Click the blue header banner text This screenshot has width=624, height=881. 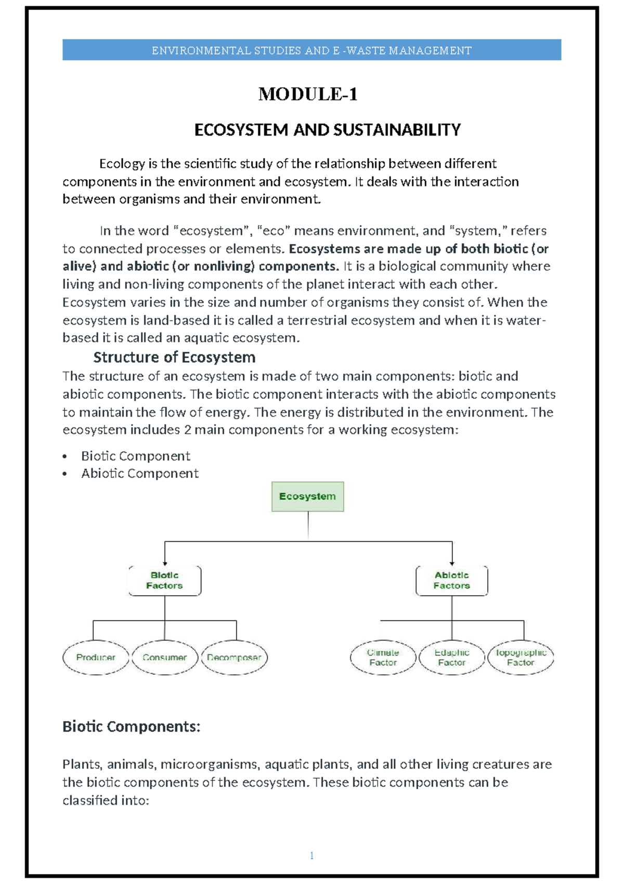[x=311, y=50]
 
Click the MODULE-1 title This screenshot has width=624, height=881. [x=308, y=94]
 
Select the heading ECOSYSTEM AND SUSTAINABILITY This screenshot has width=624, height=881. [x=327, y=129]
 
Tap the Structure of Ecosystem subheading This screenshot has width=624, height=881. [x=174, y=357]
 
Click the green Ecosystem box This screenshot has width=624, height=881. [x=307, y=497]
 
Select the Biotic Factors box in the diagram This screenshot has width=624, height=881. [x=164, y=581]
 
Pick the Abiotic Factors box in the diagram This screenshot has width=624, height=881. [x=451, y=581]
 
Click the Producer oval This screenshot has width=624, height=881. [x=96, y=658]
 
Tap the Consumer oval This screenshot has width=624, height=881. [x=165, y=658]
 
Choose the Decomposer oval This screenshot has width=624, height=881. [x=234, y=658]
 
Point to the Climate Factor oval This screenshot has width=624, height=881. [x=383, y=658]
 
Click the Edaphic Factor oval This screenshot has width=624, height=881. [x=451, y=658]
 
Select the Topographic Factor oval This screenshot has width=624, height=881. [x=521, y=658]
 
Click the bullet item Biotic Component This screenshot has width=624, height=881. [x=135, y=456]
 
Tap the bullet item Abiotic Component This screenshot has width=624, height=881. [x=139, y=474]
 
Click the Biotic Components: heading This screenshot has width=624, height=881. [x=131, y=726]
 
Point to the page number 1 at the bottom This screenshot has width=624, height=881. [x=311, y=856]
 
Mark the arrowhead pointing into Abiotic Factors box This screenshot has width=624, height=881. [x=452, y=564]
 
